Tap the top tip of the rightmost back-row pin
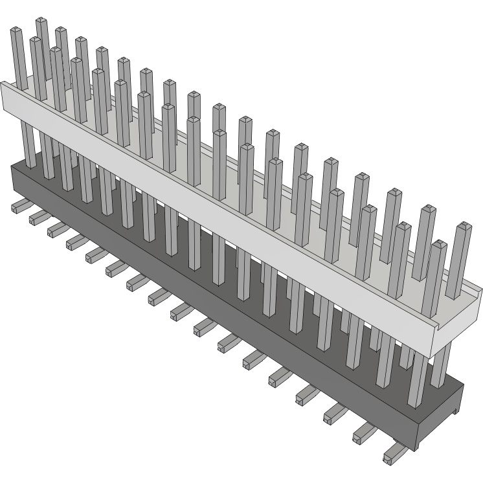coord(462,227)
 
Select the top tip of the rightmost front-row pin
coord(439,245)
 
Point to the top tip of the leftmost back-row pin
coord(41,21)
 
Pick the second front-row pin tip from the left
coord(36,40)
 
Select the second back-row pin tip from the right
coord(428,210)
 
